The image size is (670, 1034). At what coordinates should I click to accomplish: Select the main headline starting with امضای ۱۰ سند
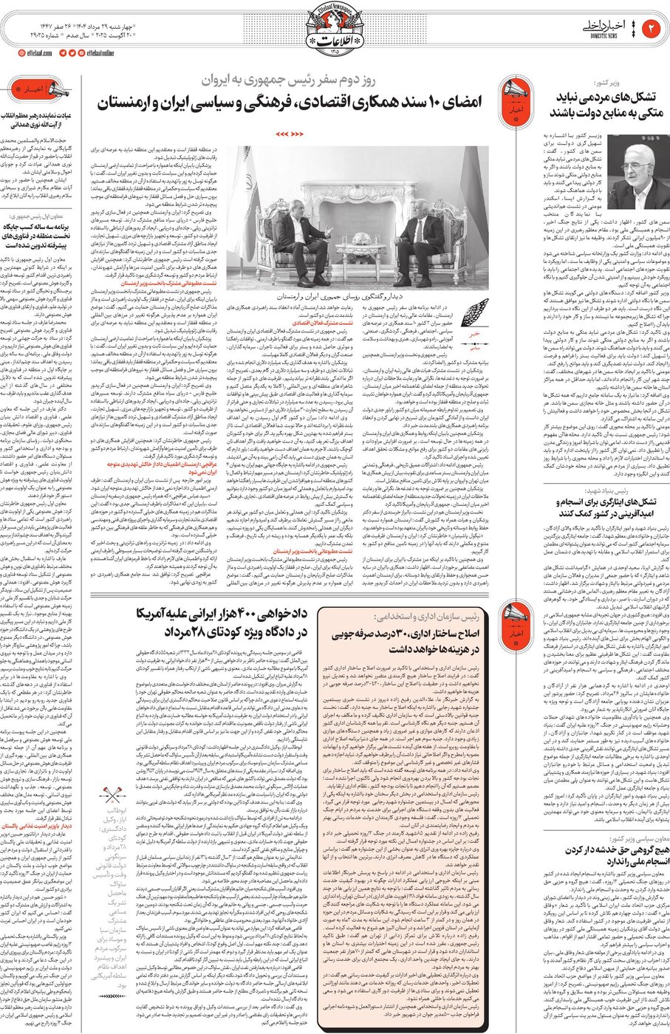[x=288, y=101]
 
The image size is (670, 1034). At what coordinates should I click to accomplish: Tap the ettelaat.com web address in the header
[x=37, y=52]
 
